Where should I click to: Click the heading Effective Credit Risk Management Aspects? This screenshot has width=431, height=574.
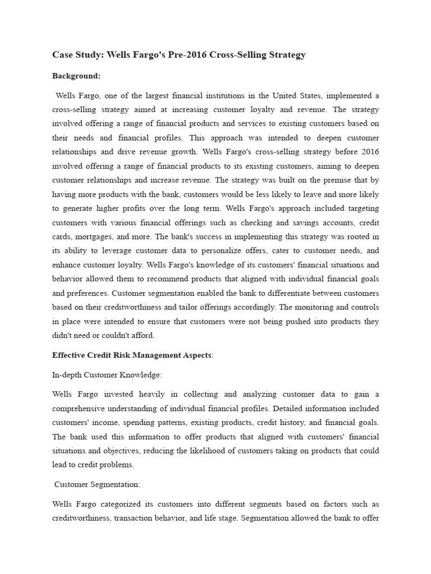pos(132,355)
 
